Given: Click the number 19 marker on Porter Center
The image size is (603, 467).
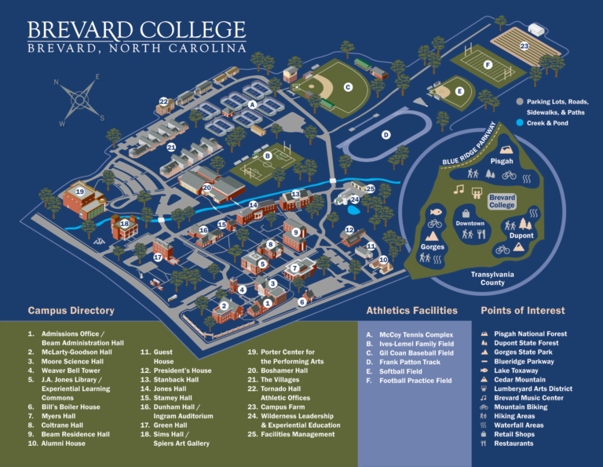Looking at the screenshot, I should pos(79,192).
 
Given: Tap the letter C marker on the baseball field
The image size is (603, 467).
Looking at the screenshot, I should pos(348,87).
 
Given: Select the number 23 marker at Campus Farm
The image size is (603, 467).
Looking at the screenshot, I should pos(524,46).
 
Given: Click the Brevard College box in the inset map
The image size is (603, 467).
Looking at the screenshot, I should pos(502,201).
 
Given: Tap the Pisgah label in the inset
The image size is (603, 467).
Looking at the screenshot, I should pos(502,161).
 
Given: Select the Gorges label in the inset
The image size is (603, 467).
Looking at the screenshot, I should pos(433,246).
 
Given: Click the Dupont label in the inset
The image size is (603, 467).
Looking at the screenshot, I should pos(521,235).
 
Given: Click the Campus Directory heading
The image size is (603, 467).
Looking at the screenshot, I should pos(71,311).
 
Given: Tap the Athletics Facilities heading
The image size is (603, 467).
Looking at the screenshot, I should pos(411,311).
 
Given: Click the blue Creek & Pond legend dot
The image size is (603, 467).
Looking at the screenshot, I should pos(520,123).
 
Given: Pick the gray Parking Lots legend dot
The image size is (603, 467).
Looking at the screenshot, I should pos(520,102).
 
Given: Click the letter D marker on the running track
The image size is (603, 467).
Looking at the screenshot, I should pos(386,135).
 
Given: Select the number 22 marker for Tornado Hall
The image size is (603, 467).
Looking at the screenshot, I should pos(164,101).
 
